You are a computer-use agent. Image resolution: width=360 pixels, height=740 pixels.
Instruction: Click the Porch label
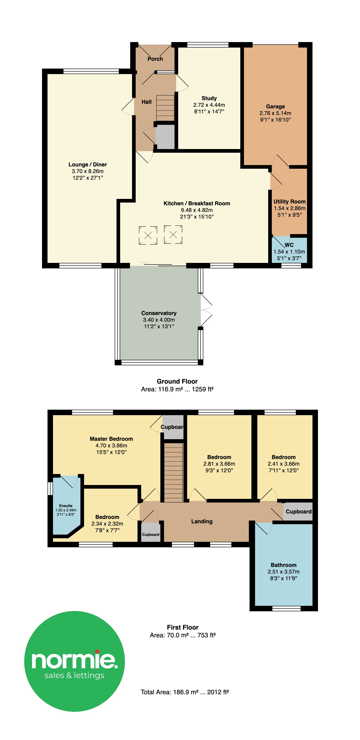[x=155, y=59]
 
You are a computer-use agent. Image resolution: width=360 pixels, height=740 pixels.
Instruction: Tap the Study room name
[x=209, y=98]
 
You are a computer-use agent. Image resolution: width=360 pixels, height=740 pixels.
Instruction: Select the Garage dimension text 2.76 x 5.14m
[x=275, y=113]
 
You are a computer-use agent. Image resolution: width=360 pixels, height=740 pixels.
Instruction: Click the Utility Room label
[x=289, y=202]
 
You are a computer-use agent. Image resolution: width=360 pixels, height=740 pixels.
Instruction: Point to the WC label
[x=289, y=245]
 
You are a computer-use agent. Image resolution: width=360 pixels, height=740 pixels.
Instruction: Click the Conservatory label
[x=159, y=313]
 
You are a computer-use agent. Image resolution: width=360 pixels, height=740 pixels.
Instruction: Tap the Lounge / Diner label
[x=87, y=165]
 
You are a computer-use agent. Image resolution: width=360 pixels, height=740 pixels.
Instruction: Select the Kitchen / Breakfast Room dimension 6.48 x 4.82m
[x=197, y=210]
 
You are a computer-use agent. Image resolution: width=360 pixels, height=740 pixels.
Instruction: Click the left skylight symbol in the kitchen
[x=148, y=235]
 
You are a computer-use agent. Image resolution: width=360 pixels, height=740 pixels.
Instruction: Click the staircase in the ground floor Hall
[x=165, y=108]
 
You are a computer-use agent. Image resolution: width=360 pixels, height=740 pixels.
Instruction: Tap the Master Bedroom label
[x=111, y=439]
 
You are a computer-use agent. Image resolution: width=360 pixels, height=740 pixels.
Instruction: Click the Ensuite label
[x=66, y=506]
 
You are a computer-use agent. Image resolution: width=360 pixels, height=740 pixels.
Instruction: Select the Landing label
[x=202, y=521]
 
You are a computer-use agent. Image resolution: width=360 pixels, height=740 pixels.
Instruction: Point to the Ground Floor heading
[x=177, y=382]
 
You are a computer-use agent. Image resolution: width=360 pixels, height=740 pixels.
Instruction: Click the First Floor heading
[x=183, y=627]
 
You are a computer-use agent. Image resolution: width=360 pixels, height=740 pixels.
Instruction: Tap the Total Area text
[x=185, y=692]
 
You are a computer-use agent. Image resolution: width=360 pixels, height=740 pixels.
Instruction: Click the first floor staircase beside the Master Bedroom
[x=173, y=472]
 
